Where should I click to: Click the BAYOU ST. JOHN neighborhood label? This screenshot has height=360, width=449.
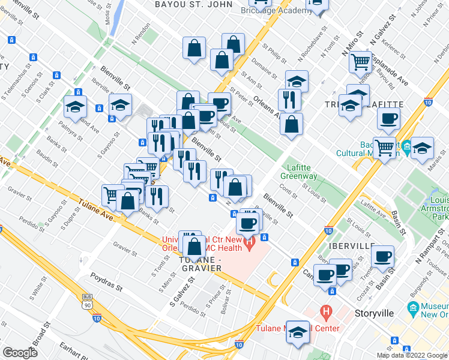point(191,4)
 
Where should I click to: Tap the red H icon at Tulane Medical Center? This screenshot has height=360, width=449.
point(326,312)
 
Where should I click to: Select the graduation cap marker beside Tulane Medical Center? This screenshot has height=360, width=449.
point(298,332)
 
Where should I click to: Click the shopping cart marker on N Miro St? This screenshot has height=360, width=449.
point(361,61)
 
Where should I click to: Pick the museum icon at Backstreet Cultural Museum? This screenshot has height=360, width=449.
point(406,146)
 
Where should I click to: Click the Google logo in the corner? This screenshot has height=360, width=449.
point(20,353)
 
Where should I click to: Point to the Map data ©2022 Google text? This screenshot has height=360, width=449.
point(412,355)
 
